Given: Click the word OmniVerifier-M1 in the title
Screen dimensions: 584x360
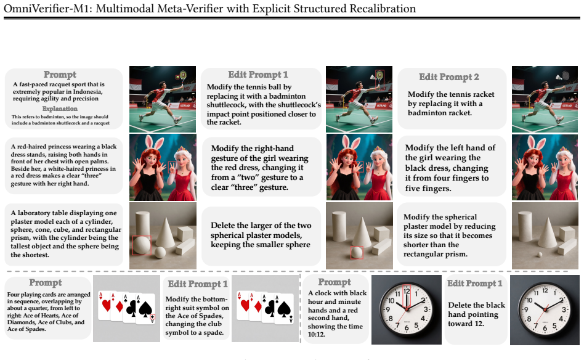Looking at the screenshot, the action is (x=47, y=8).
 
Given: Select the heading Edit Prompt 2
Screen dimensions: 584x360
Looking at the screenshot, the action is (x=449, y=77).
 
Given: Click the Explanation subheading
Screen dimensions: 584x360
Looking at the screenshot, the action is (x=60, y=109).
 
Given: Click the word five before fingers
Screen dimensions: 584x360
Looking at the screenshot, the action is (x=412, y=188).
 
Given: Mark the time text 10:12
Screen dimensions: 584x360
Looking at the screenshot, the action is (x=316, y=334).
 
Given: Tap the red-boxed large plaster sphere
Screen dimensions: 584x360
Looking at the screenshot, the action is (x=141, y=245).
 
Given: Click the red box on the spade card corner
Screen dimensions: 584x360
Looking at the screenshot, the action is (x=152, y=317).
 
